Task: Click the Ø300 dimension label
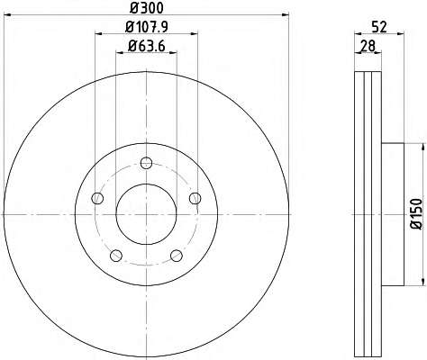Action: pos(147,8)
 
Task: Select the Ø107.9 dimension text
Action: pos(147,27)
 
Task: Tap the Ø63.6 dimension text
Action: pos(147,46)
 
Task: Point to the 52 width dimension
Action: pos(379,27)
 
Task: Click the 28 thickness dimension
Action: pos(368,46)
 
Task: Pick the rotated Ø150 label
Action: pos(417,214)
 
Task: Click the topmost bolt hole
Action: pos(146,163)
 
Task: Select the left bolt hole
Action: pos(97,198)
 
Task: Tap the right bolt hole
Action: pos(195,198)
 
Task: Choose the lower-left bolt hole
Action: pos(116,256)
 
